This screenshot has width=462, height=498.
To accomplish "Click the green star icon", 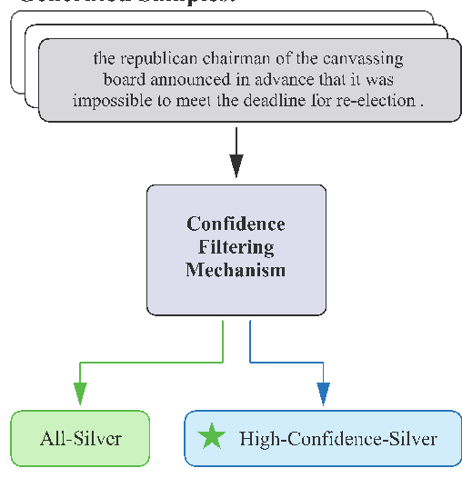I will [212, 438].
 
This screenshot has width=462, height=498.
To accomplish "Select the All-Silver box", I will [80, 439].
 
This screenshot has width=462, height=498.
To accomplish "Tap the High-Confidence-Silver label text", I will [337, 439].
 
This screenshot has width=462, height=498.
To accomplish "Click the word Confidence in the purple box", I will [236, 224].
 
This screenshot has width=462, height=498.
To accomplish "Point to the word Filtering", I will [236, 247].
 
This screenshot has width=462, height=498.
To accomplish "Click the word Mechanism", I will [236, 270].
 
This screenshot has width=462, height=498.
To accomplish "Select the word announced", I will [178, 80].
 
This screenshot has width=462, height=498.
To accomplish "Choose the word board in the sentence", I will [122, 80].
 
